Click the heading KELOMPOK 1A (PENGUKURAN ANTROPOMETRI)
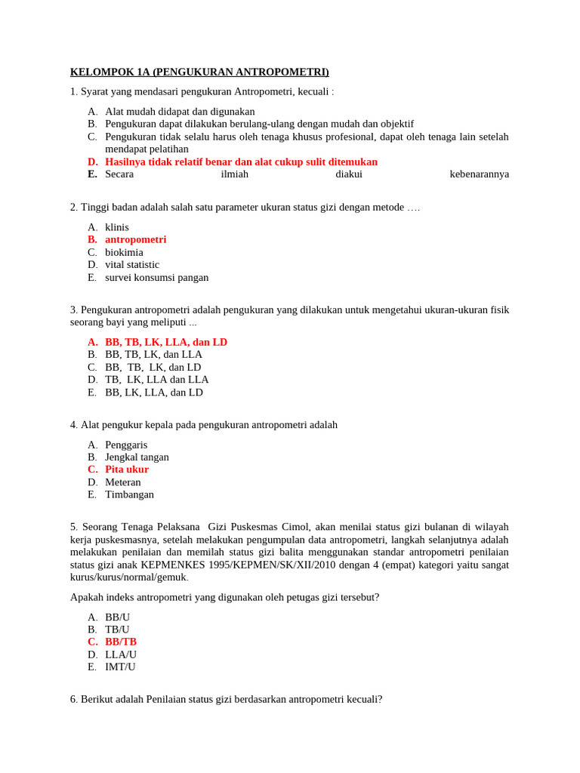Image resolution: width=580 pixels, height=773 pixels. [199, 72]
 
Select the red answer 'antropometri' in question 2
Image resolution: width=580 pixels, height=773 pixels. [135, 239]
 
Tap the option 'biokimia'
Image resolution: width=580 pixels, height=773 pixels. [124, 252]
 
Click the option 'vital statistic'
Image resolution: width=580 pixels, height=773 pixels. [132, 265]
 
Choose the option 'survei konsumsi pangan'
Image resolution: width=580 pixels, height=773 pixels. [156, 278]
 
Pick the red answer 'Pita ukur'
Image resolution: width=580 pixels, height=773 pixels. [127, 470]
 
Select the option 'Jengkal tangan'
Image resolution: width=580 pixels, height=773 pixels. [137, 457]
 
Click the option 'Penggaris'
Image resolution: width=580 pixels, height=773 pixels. [126, 445]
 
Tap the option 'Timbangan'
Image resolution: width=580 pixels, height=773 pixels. [129, 494]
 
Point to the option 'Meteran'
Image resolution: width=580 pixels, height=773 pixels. [123, 482]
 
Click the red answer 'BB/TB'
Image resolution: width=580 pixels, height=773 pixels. [121, 642]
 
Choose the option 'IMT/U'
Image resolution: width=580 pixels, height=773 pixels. [120, 667]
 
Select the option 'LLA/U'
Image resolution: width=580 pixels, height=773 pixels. [121, 654]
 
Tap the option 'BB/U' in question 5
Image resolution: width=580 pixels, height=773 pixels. [117, 617]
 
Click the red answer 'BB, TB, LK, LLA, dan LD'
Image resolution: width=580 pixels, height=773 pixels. [166, 342]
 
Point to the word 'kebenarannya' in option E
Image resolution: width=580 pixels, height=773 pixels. [479, 174]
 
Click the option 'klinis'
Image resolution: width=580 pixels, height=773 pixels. [117, 227]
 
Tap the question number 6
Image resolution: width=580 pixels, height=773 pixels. [73, 699]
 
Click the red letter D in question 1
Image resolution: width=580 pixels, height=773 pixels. [92, 162]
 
